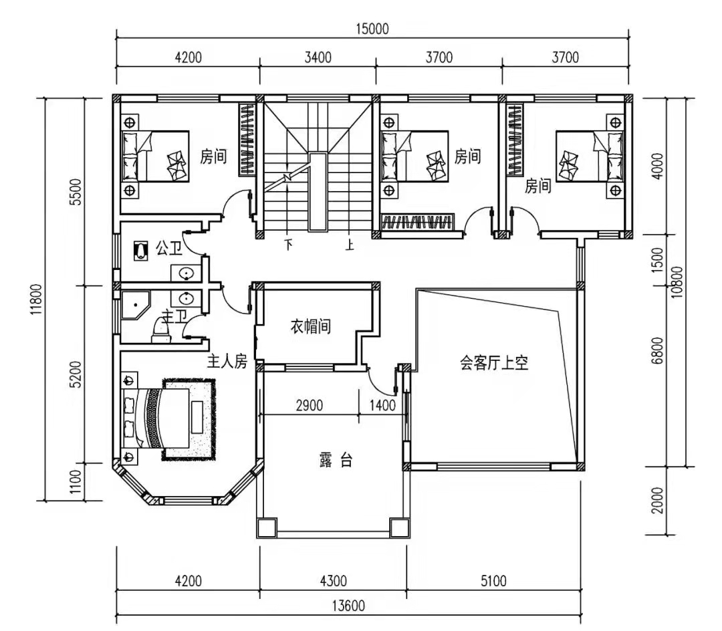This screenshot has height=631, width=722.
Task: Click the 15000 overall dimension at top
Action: click(x=372, y=29)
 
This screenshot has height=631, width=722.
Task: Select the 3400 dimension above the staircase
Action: click(x=318, y=57)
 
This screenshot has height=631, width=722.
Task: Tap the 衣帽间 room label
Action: click(x=310, y=326)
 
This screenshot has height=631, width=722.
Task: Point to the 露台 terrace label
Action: click(x=336, y=460)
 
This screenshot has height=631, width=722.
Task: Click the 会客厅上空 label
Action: click(x=494, y=363)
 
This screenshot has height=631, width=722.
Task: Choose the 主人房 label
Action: click(x=227, y=362)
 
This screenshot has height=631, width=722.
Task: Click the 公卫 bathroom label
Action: click(x=168, y=249)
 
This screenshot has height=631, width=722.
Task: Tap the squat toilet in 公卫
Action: click(x=141, y=251)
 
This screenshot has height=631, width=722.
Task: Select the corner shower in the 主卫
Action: click(x=135, y=304)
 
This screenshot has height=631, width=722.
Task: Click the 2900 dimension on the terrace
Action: click(x=309, y=406)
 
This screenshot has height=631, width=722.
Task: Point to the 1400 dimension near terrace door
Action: click(x=382, y=406)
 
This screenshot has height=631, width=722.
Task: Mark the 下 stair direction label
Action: click(x=289, y=244)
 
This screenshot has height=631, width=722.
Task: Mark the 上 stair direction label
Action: click(x=350, y=244)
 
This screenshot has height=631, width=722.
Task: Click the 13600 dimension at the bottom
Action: click(x=348, y=606)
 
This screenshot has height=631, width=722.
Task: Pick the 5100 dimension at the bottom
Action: click(x=493, y=581)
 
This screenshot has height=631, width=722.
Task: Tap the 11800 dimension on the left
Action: click(x=37, y=299)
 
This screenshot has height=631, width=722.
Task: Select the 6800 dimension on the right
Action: click(x=658, y=350)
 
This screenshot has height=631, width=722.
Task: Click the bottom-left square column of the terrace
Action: click(x=267, y=528)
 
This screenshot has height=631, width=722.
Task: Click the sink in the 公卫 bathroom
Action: click(x=186, y=273)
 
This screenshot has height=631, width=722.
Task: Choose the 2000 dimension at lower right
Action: click(x=658, y=500)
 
